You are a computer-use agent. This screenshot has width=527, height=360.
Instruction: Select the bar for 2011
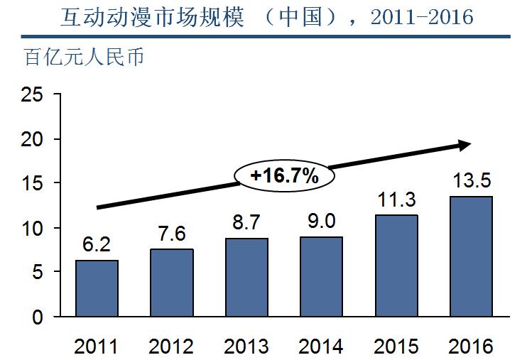[x=97, y=288]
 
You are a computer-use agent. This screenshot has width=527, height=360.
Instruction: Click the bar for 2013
[x=246, y=278]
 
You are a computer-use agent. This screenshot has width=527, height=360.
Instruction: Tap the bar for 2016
[x=471, y=256]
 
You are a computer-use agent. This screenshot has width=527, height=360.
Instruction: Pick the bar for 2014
[x=321, y=276]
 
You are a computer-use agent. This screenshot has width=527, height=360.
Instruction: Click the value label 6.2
[x=97, y=246]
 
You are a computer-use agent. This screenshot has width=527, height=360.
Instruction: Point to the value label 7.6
[x=171, y=234]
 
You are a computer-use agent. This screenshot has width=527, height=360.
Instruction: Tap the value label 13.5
[x=471, y=180]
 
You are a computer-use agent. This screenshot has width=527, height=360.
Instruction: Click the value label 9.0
[x=321, y=222]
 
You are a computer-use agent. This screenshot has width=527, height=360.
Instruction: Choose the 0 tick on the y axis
[x=37, y=317]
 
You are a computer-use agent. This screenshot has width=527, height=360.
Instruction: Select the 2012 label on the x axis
[x=171, y=347]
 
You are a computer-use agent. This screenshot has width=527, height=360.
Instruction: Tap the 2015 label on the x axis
[x=396, y=347]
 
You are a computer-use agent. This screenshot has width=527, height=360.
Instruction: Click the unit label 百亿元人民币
[x=85, y=57]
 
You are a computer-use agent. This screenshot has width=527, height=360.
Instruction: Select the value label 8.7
[x=246, y=224]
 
